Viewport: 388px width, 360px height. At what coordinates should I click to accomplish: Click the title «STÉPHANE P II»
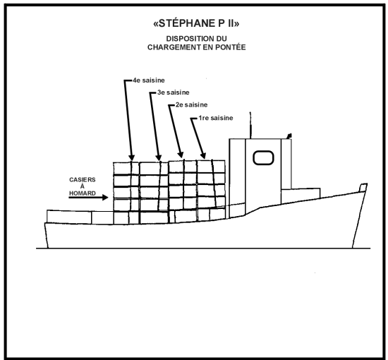pos(196,23)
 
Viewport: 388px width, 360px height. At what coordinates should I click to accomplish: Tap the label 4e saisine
pos(149,80)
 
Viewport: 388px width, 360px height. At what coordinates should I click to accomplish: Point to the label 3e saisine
pos(174,92)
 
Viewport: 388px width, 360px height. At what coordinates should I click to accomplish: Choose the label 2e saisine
pos(191,104)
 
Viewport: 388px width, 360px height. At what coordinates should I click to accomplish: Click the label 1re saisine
pos(216,118)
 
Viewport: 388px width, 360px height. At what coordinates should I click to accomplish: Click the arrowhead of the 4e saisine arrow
pos(132,157)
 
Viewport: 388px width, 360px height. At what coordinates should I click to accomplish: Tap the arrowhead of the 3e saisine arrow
pos(159,157)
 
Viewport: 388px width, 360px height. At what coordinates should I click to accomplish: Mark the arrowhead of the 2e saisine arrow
pos(181,155)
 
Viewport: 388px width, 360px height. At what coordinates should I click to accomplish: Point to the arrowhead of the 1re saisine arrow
pos(203,155)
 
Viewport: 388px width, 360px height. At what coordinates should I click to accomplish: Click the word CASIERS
pos(83,180)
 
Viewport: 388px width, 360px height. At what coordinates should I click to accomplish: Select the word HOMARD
pos(83,193)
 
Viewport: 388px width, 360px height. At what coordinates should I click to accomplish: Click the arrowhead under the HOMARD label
pos(105,198)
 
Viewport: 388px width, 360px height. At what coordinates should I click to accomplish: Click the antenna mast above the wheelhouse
pos(250,125)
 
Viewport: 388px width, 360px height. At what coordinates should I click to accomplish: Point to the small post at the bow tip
pos(363,188)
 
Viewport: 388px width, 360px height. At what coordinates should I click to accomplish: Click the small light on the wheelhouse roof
pos(289,136)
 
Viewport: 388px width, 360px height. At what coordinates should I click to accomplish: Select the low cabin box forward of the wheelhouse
pos(301,196)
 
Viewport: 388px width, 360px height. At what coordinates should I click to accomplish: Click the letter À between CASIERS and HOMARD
pos(83,186)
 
